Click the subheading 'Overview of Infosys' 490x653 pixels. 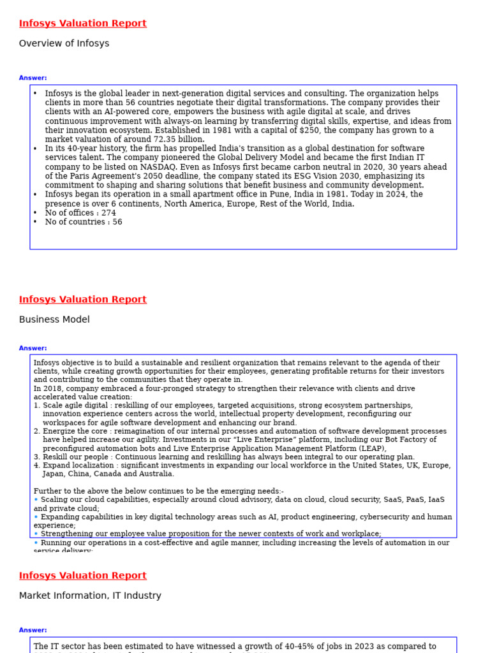[64, 43]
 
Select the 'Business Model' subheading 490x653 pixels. [54, 319]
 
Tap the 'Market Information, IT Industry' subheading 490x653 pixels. [90, 596]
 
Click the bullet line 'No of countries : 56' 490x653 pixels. [83, 222]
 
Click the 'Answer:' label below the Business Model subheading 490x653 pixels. [33, 348]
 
